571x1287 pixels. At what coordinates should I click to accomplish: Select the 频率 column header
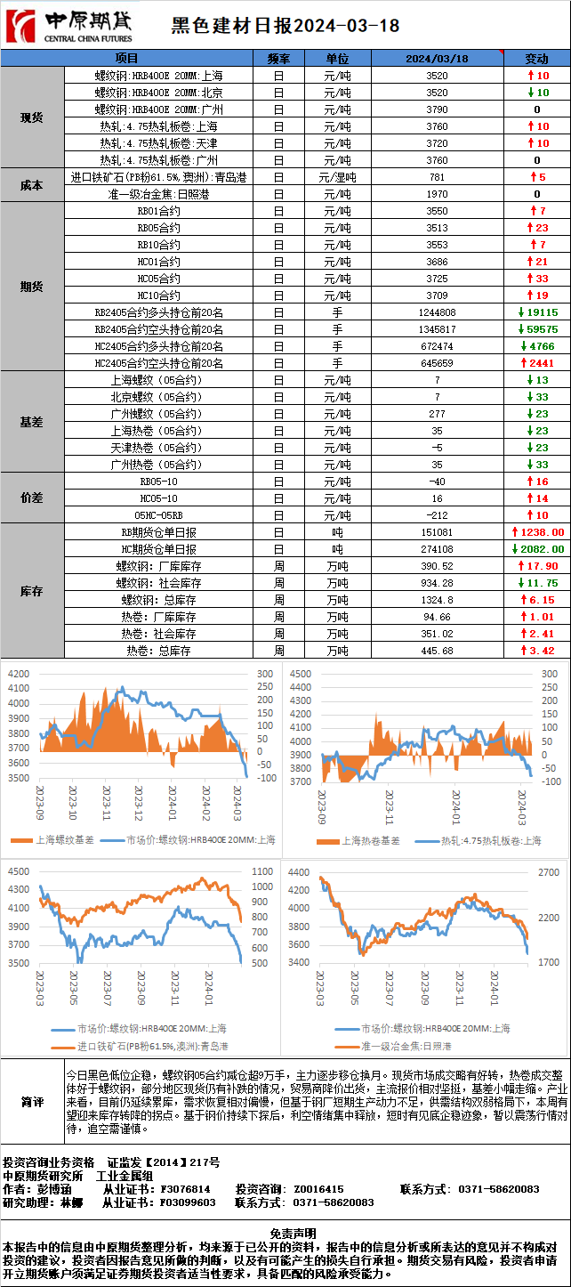tap(278, 59)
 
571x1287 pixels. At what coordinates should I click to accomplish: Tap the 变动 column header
tap(536, 59)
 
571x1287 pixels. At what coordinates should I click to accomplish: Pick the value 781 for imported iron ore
tap(437, 177)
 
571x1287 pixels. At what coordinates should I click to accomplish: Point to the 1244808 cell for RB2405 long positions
tap(437, 312)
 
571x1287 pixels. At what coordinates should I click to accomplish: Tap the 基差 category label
tap(32, 422)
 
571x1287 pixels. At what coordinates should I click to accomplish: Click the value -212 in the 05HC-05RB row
tap(437, 515)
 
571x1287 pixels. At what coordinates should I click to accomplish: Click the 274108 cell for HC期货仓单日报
tap(437, 549)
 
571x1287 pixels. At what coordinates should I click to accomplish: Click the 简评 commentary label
tap(32, 1102)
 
